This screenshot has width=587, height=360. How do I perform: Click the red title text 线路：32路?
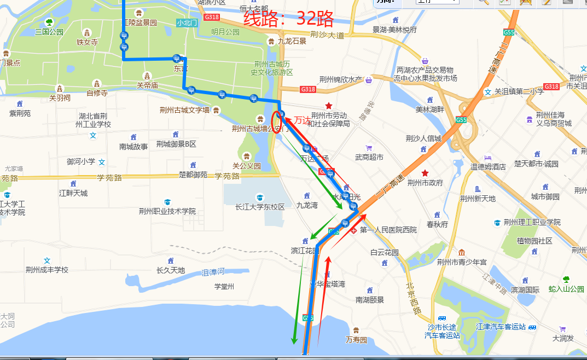[288, 20]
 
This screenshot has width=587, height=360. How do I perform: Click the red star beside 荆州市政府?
[425, 173]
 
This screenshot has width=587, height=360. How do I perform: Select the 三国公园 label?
[49, 32]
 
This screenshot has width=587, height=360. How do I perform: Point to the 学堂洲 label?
[224, 286]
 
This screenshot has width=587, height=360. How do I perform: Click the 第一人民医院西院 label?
[388, 230]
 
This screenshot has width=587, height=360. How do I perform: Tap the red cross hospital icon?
[353, 230]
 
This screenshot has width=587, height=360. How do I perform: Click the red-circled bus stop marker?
[280, 114]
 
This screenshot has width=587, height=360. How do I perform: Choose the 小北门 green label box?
[187, 22]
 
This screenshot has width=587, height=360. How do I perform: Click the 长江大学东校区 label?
[260, 207]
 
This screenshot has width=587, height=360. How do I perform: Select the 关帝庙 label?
[147, 85]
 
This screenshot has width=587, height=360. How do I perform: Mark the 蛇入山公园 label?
[566, 289]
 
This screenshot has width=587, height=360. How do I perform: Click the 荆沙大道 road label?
[327, 36]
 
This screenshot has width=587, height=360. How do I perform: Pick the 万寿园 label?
[356, 340]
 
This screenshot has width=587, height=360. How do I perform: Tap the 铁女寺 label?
[87, 42]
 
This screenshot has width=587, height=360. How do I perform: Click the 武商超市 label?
[369, 157]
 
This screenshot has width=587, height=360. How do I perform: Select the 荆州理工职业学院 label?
[532, 222]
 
